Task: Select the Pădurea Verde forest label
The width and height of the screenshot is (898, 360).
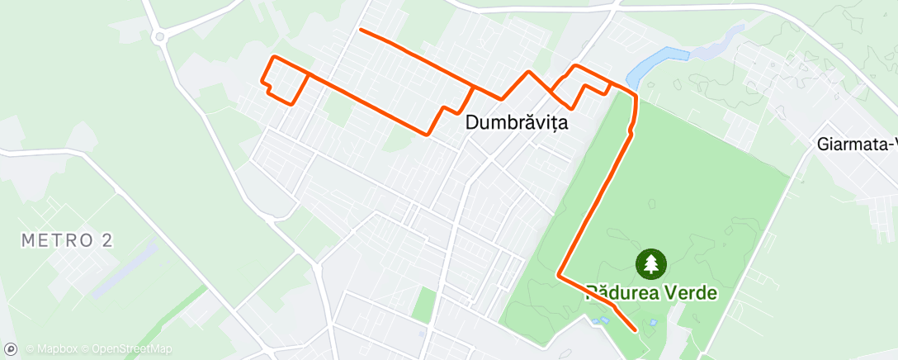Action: click(651, 292)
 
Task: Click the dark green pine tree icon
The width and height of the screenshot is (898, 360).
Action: click(651, 264)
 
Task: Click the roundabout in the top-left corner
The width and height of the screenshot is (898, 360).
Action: click(159, 36)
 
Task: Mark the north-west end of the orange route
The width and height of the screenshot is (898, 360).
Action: click(362, 31)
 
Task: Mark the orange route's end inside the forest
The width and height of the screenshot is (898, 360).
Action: click(635, 329)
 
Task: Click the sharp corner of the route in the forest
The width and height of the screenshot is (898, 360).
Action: click(560, 274)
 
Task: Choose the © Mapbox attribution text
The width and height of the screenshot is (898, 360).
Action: click(53, 349)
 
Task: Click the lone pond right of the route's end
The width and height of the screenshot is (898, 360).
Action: click(654, 322)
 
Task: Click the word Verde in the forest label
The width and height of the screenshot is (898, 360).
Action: click(692, 292)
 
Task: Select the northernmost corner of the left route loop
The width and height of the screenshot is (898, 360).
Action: click(275, 57)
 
